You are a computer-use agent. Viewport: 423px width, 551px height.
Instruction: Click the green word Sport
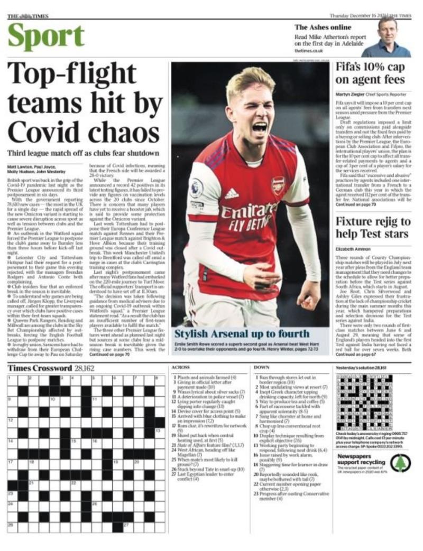[46, 36]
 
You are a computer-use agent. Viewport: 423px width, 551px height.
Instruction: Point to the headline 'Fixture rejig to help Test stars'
[372, 227]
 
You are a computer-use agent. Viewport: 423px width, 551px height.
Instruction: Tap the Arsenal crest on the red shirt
[277, 185]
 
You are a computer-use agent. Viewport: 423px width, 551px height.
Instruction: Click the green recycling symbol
[400, 463]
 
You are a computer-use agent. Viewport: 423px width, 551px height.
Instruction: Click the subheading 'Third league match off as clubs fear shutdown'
[83, 153]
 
